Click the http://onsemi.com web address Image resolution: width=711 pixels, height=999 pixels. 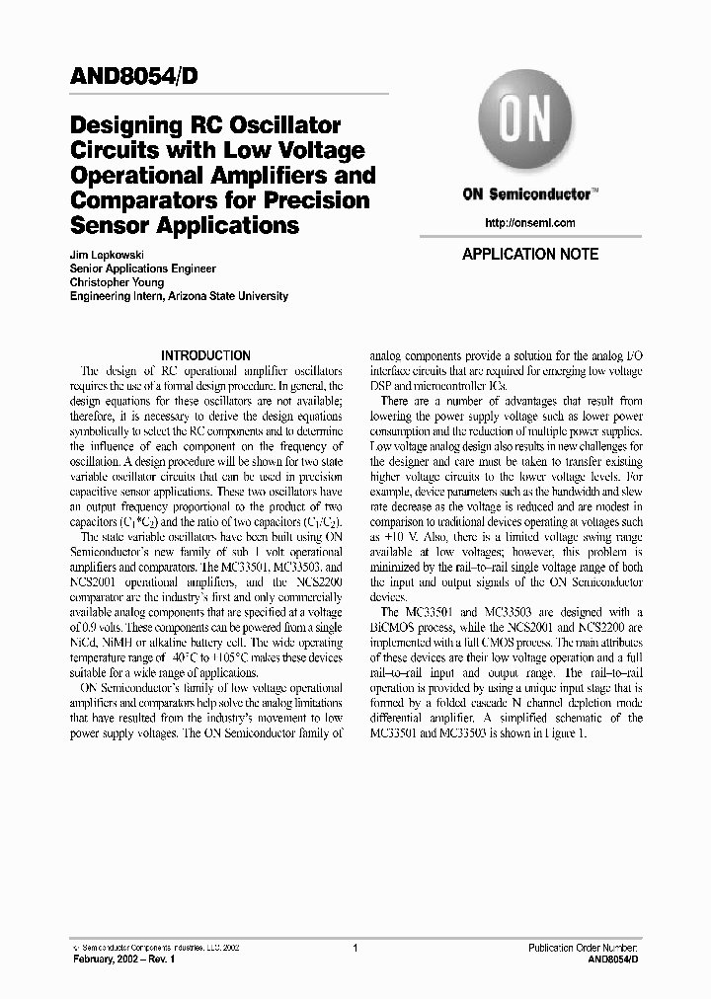530,223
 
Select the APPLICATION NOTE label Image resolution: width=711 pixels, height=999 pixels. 530,254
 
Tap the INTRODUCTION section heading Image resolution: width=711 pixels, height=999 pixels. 205,355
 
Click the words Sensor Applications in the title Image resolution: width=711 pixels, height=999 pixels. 185,226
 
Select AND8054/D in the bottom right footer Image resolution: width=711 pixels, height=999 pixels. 613,960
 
